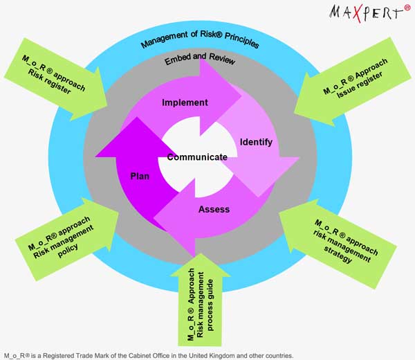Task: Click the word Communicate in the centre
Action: point(197,157)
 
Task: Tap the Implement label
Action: point(185,102)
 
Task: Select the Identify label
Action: point(256,142)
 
